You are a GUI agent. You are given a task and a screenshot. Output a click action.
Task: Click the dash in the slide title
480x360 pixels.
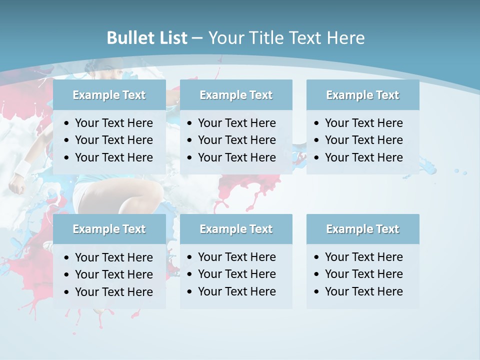click(x=197, y=38)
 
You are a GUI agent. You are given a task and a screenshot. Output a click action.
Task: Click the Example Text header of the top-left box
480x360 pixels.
click(x=109, y=95)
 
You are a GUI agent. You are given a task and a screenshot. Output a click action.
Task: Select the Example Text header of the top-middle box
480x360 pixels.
click(x=236, y=95)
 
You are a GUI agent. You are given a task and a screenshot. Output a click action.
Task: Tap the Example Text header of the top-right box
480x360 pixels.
click(x=362, y=95)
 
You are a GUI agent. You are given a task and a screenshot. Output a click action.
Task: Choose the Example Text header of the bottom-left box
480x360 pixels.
click(x=109, y=229)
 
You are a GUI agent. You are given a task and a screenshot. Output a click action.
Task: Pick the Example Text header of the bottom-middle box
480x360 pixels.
click(x=236, y=229)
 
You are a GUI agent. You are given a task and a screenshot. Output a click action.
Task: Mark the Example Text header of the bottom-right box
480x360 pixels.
click(x=362, y=229)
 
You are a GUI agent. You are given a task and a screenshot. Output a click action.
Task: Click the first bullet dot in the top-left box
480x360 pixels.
click(x=67, y=123)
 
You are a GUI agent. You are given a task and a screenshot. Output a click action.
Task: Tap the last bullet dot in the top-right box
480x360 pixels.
click(x=317, y=158)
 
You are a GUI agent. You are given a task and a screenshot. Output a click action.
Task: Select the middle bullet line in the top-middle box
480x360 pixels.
click(x=236, y=140)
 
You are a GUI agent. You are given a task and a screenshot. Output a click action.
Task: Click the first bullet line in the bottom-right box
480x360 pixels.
click(x=363, y=257)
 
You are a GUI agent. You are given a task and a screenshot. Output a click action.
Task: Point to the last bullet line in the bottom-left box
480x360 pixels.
click(x=113, y=291)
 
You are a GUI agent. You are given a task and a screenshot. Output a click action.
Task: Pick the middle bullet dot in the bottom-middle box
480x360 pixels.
click(x=190, y=274)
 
